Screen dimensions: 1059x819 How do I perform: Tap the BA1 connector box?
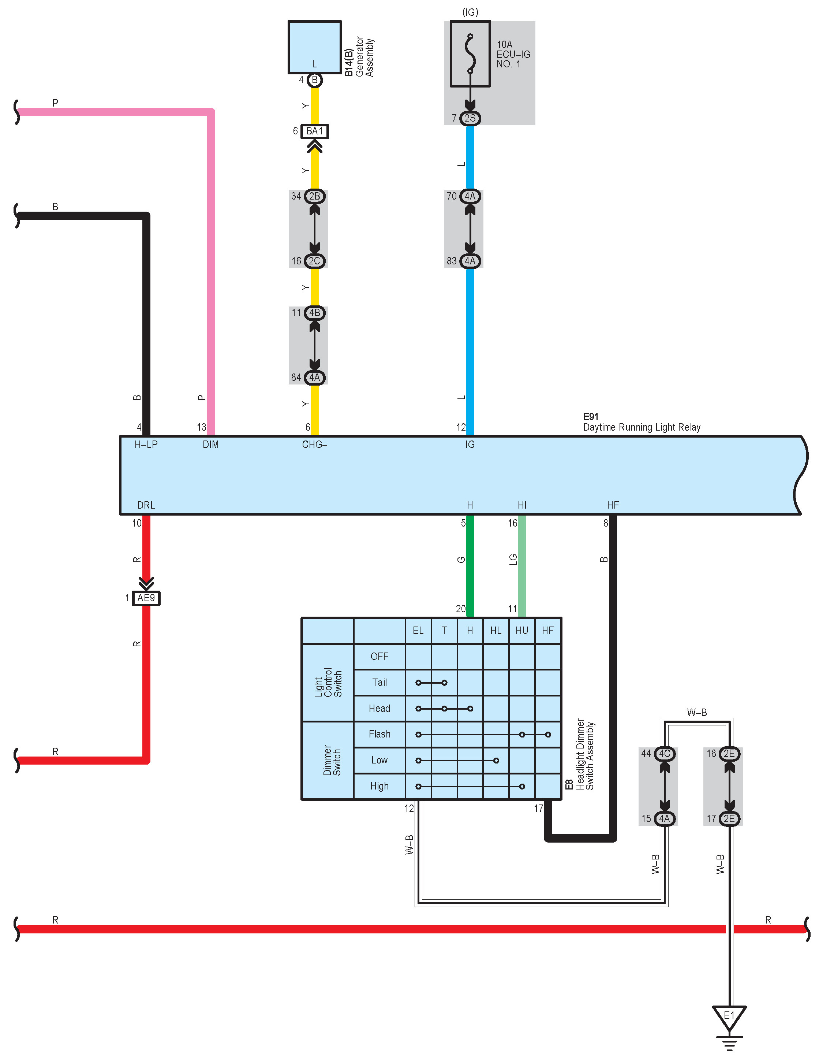pos(314,131)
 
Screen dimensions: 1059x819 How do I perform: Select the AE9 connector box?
pos(146,598)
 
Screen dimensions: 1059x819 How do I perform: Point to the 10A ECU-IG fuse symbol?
pos(470,53)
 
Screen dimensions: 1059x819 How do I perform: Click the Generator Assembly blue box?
pos(314,47)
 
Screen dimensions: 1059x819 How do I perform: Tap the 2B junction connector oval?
pos(314,196)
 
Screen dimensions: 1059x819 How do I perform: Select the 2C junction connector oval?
pos(314,261)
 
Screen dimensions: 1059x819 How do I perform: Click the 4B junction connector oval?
pos(314,313)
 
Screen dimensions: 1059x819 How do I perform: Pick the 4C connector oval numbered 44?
pos(665,754)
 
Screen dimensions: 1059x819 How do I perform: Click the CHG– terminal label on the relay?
pos(314,445)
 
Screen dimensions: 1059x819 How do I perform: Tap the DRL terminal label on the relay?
pos(146,505)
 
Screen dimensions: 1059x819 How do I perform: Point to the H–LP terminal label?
pos(146,445)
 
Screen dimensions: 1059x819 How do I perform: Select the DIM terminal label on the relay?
pos(211,445)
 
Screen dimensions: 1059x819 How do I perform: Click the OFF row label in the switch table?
pos(379,657)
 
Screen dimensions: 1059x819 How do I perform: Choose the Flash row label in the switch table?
pos(379,734)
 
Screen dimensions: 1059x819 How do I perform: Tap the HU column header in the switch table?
pos(522,630)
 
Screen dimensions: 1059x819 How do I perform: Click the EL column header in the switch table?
pos(418,630)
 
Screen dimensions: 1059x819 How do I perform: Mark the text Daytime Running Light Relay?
pos(642,427)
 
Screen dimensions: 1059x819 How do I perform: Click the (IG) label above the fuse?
pos(470,12)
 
